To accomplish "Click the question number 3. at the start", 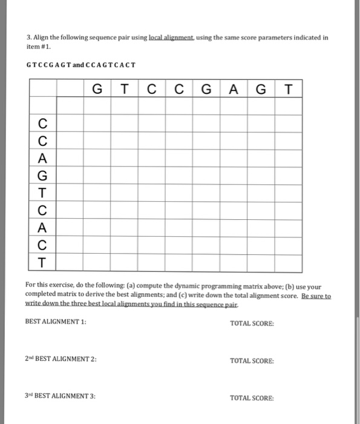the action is (x=28, y=37).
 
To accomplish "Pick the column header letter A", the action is (x=234, y=90).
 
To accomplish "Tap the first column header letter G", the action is (x=97, y=90).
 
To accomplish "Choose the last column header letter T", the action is (x=288, y=90).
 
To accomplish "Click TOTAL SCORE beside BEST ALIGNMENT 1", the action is (x=252, y=323).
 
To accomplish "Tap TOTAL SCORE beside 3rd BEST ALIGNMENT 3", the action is (x=252, y=398).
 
